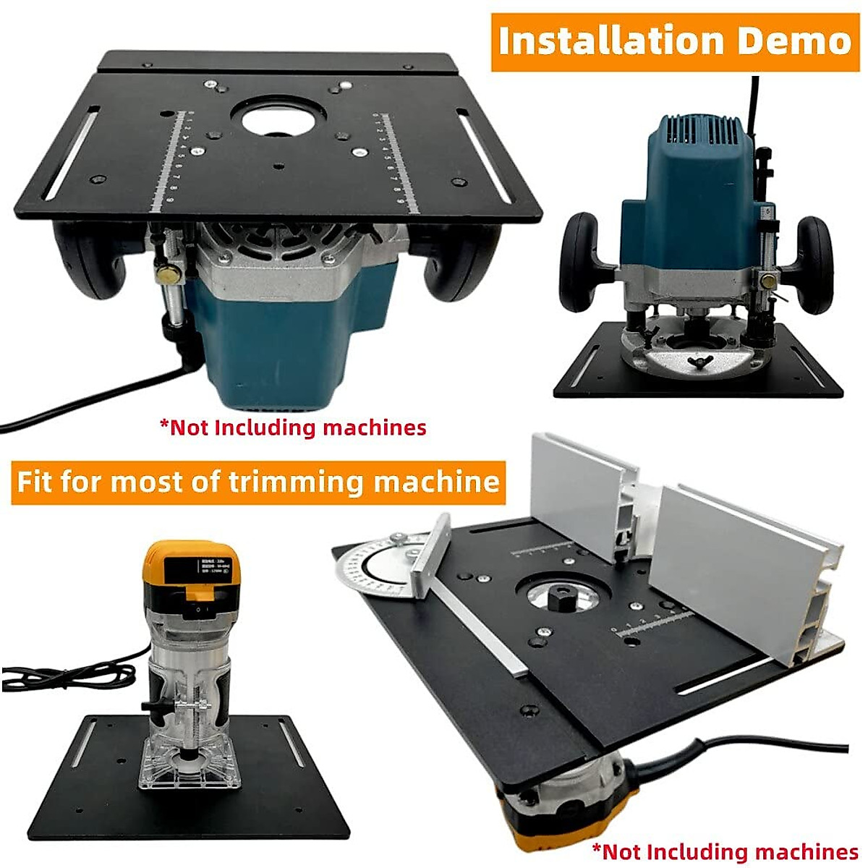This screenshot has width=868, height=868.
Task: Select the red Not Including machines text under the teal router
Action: tap(293, 427)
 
